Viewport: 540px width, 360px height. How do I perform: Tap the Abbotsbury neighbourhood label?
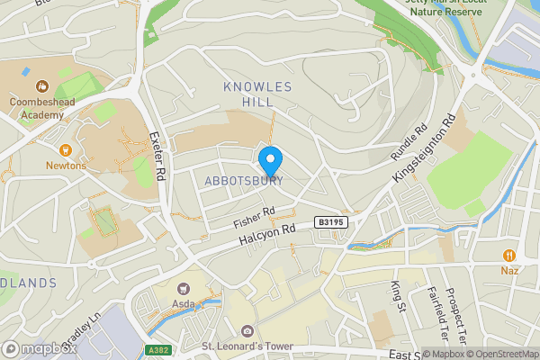click(x=244, y=181)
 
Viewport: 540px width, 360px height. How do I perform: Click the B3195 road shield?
click(x=329, y=221)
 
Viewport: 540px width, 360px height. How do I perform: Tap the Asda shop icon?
click(x=185, y=289)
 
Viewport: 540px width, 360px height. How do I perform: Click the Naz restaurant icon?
click(x=509, y=255)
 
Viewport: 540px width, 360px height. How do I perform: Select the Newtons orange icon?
click(x=65, y=150)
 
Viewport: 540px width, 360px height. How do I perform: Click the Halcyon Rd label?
click(x=267, y=237)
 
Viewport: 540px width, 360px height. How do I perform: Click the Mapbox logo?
click(x=38, y=347)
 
